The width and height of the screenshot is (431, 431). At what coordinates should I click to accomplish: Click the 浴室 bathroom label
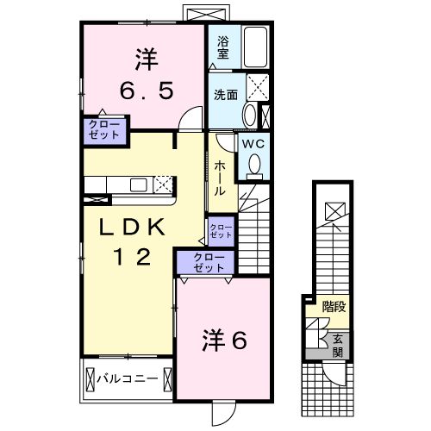(x=222, y=47)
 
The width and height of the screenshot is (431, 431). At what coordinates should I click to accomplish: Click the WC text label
(x=253, y=143)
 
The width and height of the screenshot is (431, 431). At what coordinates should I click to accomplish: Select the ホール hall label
(x=221, y=176)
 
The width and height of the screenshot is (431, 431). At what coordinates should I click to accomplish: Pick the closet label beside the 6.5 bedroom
(x=103, y=130)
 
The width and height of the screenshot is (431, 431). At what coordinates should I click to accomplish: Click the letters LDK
(x=131, y=227)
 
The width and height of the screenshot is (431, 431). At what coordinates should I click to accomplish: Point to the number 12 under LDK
(x=131, y=256)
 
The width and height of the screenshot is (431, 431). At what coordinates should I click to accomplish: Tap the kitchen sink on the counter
(x=138, y=184)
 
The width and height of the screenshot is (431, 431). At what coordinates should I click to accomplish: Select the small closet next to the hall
(x=221, y=229)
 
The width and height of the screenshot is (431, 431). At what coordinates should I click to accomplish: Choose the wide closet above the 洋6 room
(x=203, y=262)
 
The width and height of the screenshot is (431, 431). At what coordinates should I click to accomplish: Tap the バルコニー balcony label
(x=125, y=378)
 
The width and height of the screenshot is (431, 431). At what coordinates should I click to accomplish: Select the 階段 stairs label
(x=334, y=306)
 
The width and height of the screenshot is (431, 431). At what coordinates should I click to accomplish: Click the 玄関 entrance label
(x=338, y=346)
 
